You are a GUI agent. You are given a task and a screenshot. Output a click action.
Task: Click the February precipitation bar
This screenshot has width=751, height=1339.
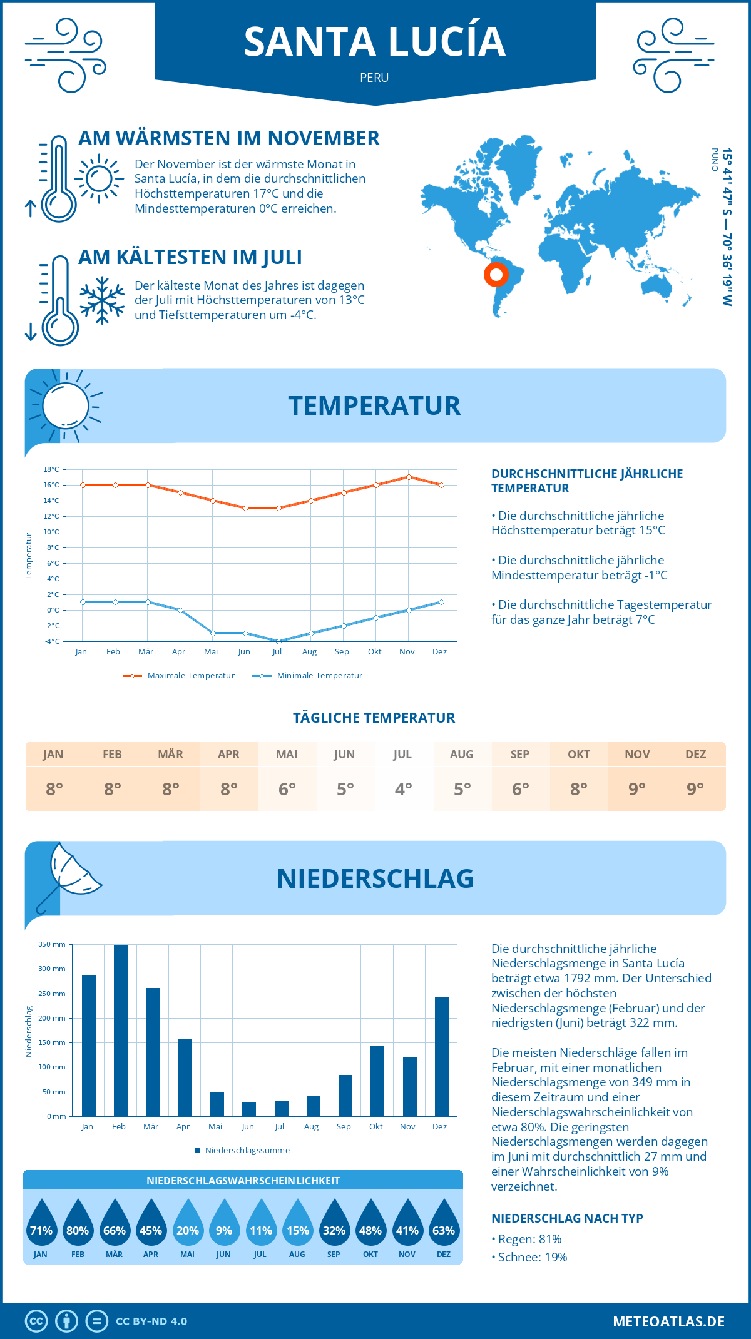pyautogui.click(x=120, y=1030)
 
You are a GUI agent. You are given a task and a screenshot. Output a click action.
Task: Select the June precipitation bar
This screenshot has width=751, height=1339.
pyautogui.click(x=249, y=1109)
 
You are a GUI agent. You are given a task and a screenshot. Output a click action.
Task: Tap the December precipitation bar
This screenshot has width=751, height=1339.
pyautogui.click(x=442, y=1056)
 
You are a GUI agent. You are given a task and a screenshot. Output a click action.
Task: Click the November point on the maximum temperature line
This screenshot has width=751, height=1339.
pyautogui.click(x=409, y=477)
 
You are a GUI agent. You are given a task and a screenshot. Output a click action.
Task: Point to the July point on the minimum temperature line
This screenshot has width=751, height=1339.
pyautogui.click(x=278, y=641)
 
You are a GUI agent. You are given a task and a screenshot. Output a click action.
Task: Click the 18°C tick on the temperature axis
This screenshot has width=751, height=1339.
pyautogui.click(x=51, y=469)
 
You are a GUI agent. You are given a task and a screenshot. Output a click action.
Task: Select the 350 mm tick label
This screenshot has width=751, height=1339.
pyautogui.click(x=52, y=944)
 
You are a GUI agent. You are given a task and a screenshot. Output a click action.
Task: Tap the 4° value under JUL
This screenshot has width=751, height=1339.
pyautogui.click(x=403, y=789)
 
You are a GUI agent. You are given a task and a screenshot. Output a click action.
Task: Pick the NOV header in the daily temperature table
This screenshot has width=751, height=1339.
pyautogui.click(x=637, y=755)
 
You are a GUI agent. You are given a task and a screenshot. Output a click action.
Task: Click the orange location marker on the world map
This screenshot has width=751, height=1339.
pyautogui.click(x=496, y=274)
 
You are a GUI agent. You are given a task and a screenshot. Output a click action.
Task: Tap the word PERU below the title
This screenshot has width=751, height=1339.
pyautogui.click(x=374, y=78)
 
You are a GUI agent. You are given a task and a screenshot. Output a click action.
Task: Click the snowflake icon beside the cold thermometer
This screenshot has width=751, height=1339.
pyautogui.click(x=102, y=300)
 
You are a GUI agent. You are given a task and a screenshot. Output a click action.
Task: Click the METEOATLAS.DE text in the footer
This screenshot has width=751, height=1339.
pyautogui.click(x=668, y=1321)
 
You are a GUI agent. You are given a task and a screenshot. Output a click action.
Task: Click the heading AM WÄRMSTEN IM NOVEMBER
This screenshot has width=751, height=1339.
pyautogui.click(x=228, y=138)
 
